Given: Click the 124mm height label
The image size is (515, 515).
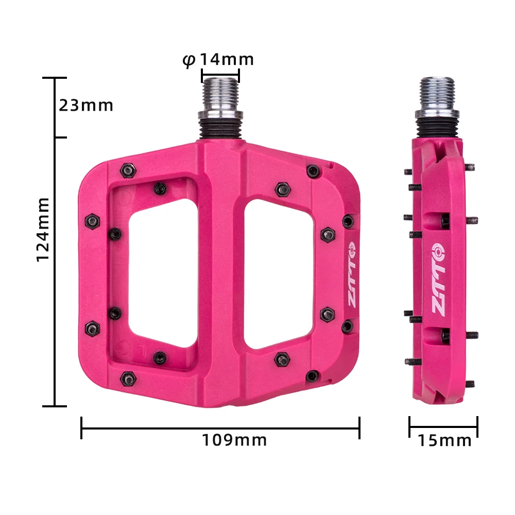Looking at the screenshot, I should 43,229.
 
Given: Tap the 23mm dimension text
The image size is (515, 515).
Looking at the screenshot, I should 85,106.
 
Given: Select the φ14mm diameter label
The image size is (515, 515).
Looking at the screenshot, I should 219,60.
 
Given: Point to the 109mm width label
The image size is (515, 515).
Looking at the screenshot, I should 234,440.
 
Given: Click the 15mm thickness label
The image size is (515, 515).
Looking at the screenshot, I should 444,441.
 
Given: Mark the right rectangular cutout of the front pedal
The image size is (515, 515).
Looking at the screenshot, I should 278,273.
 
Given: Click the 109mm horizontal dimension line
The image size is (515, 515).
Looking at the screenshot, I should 220,427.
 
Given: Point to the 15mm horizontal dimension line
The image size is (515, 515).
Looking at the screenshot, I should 443,426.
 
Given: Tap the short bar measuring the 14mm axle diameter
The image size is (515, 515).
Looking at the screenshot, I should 220,74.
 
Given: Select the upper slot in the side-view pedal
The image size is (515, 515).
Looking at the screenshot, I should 438,220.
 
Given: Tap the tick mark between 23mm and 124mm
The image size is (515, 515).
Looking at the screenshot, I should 61,138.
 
